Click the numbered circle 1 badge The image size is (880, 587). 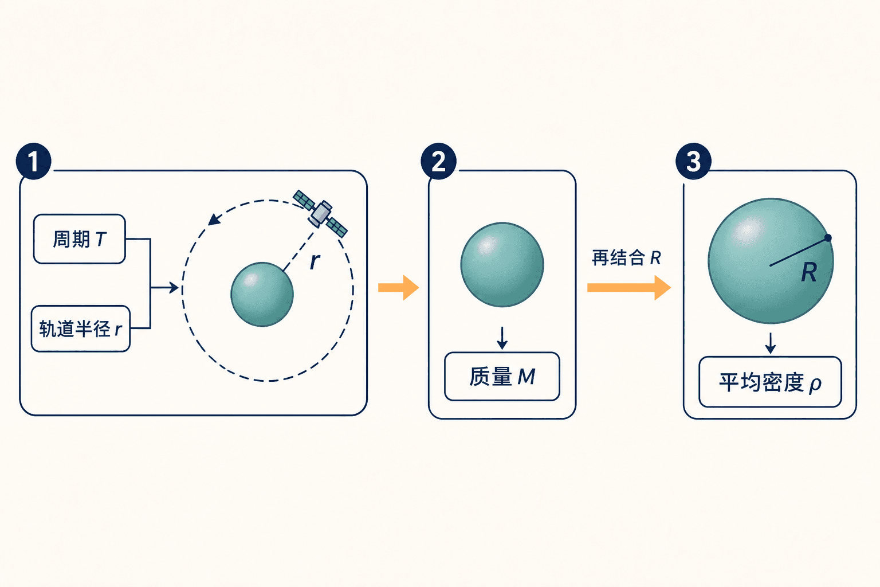[33, 161]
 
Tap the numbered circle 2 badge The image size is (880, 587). [438, 161]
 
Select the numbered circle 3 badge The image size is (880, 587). [693, 161]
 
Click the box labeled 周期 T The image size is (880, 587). [80, 239]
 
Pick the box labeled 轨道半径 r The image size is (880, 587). [81, 328]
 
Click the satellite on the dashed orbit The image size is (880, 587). [320, 213]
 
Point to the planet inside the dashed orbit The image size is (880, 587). [262, 295]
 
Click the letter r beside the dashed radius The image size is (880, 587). [315, 261]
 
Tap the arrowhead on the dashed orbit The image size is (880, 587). [214, 220]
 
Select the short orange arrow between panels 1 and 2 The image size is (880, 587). [398, 288]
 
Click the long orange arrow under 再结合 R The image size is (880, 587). [629, 288]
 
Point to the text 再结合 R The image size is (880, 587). [626, 258]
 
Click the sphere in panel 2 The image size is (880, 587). [502, 265]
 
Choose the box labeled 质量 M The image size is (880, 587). [502, 376]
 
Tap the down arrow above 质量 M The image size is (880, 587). [502, 338]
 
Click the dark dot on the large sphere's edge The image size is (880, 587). [828, 238]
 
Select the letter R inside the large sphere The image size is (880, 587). [810, 272]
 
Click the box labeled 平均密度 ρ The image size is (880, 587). [770, 382]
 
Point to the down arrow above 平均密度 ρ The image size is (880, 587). [771, 343]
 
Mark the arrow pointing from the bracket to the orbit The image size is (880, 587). [164, 288]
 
